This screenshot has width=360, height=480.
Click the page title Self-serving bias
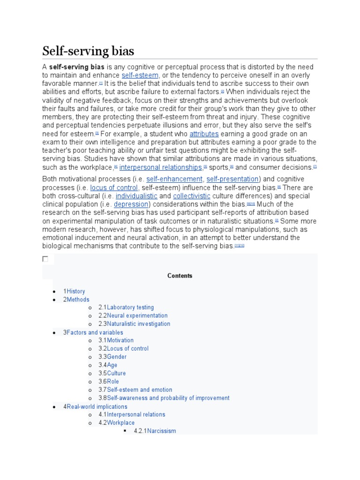(88, 51)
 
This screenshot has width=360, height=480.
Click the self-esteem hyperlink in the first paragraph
(140, 75)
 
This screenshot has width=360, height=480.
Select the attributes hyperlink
(204, 134)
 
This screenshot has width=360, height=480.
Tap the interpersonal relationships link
(161, 167)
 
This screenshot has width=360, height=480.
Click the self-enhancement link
(174, 179)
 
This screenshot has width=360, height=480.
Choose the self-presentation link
(232, 179)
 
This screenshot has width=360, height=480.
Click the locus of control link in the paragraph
(114, 187)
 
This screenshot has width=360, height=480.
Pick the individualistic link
(136, 196)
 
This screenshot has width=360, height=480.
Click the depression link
(131, 204)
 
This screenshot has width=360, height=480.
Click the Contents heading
(180, 276)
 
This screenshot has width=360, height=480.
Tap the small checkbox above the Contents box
(45, 259)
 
